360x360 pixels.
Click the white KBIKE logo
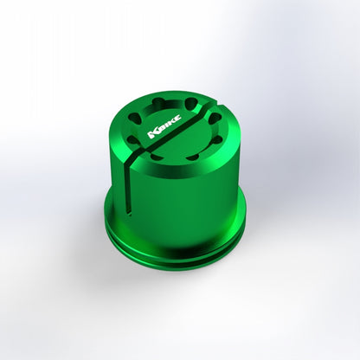164,126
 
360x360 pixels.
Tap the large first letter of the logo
152,134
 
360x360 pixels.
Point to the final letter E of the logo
177,118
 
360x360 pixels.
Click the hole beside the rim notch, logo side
191,102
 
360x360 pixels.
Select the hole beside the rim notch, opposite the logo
214,119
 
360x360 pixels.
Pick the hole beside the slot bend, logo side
132,141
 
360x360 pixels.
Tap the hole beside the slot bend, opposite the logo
157,157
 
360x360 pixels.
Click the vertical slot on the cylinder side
128,188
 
